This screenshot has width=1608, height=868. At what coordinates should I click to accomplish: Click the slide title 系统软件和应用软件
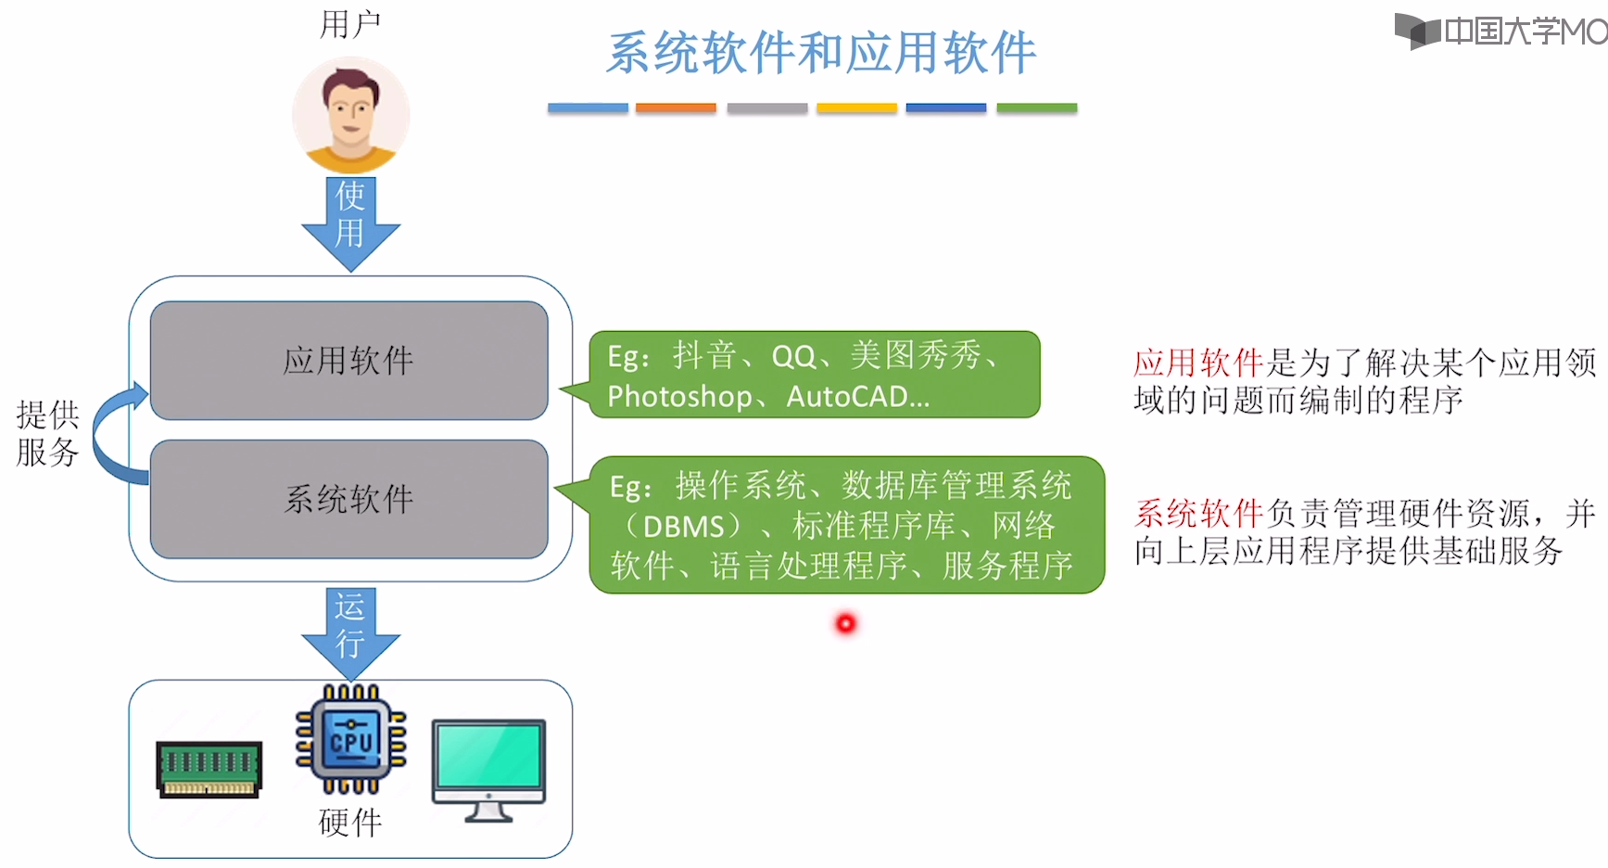coord(821,52)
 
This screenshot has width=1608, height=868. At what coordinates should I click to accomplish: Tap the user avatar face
coord(350,113)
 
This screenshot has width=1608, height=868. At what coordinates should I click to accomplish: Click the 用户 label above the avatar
coord(349,24)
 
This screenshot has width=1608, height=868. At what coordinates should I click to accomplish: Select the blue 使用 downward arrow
coord(350,223)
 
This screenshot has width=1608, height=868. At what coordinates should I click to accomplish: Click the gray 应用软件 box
coord(348,360)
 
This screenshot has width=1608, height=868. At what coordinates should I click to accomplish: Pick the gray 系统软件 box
coord(348,499)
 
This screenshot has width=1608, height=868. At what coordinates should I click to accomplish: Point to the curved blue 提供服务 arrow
coord(113,436)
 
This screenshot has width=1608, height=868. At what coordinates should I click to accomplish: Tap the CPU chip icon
coord(350,739)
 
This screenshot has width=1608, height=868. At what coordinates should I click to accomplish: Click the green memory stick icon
coord(209,769)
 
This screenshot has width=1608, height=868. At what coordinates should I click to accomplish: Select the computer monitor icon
coord(488,768)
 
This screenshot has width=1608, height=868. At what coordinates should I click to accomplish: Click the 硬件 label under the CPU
coord(349,822)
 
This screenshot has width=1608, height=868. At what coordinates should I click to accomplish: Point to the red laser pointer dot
coord(845,624)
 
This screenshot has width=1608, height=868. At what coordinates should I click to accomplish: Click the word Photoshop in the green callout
coord(679,397)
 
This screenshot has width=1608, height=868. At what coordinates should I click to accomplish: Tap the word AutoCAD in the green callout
coord(847,397)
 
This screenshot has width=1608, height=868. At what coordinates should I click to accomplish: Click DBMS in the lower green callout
coord(684,527)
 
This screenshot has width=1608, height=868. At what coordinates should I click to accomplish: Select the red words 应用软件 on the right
coord(1198,363)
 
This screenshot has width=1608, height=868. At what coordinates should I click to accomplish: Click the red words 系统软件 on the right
coord(1199,513)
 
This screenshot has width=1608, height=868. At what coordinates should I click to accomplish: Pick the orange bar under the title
coord(676,108)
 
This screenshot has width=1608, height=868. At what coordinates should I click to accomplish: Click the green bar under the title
coord(1036,108)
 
